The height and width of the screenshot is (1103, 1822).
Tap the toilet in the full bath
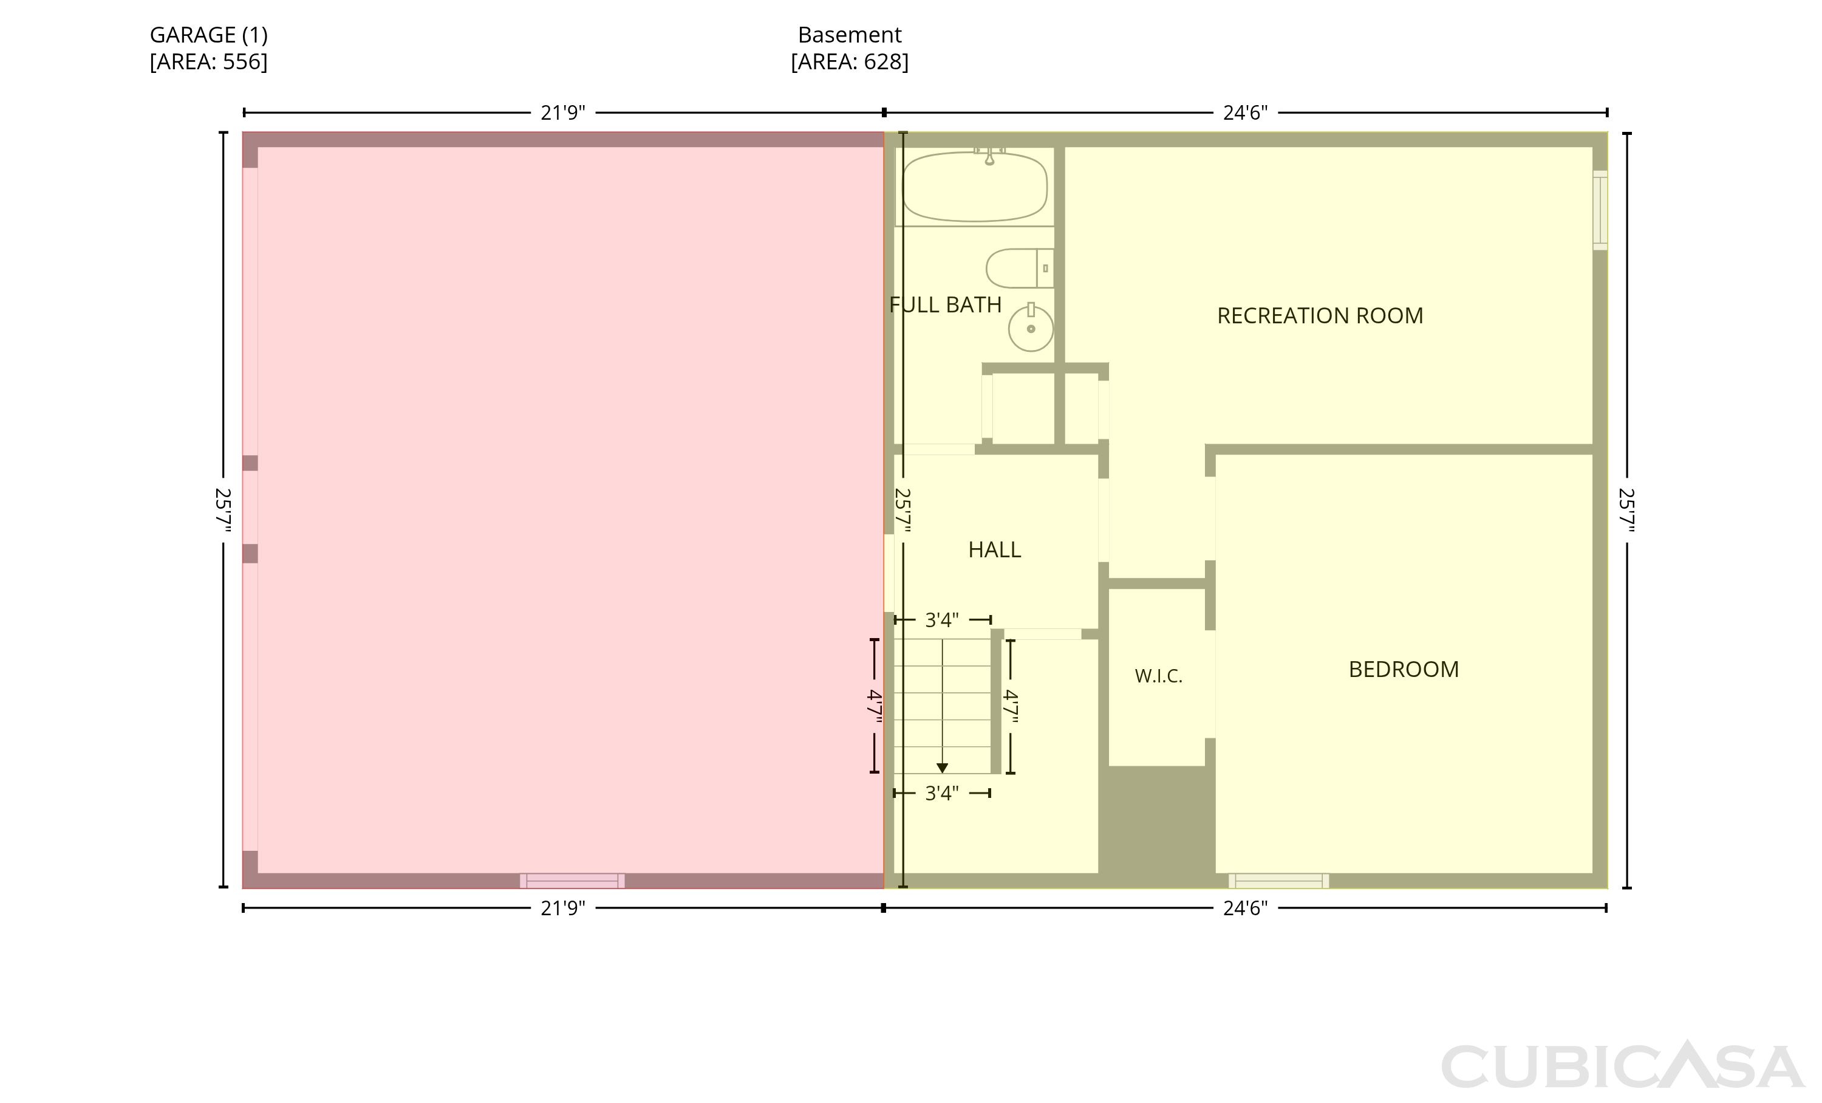pos(1020,268)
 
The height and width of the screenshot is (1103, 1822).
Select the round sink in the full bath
pos(1031,328)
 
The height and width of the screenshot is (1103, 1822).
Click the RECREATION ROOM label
pos(1320,316)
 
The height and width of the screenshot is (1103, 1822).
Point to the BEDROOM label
pos(1404,670)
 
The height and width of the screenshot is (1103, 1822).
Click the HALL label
pos(995,549)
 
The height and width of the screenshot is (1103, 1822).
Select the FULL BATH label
pos(945,305)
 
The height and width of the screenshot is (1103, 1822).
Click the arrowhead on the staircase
pos(942,768)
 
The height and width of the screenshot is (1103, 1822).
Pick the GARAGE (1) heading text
pos(208,35)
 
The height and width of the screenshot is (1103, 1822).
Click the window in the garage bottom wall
pos(572,881)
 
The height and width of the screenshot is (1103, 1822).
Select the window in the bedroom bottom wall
pos(1278,881)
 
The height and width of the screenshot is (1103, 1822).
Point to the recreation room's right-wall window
pos(1600,210)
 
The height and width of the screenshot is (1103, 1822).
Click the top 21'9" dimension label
pos(563,113)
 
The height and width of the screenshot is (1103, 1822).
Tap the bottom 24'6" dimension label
pos(1245,908)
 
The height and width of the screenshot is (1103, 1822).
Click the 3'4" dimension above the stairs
pos(942,619)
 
